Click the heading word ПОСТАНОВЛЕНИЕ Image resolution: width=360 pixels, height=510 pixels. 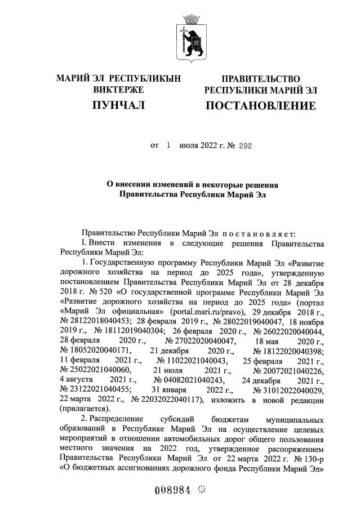point(261,106)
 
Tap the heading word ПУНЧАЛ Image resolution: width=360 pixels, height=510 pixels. point(119,105)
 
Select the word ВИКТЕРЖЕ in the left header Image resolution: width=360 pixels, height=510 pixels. point(118,90)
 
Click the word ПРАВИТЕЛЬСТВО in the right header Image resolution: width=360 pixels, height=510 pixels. point(261,79)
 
